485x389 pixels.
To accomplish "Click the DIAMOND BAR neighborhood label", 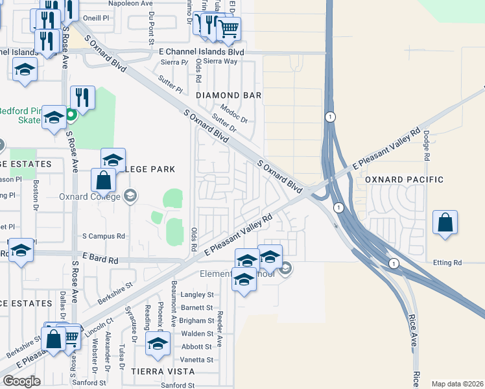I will coord(228,95).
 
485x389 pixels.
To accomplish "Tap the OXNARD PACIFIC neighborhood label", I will coord(404,180).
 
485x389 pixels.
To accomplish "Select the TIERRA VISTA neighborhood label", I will coord(163,371).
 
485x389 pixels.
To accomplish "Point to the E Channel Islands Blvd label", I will coord(202,51).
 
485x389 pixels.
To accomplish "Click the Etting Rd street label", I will coord(448,263).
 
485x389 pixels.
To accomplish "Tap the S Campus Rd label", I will coord(103,236).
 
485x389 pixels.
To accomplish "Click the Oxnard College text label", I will coord(89,197).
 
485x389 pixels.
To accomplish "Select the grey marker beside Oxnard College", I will coord(130,196).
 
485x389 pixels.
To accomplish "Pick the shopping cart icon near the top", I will coord(228,29).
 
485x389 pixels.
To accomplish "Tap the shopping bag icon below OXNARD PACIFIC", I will coord(445,222).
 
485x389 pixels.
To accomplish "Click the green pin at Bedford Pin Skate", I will coord(72,116).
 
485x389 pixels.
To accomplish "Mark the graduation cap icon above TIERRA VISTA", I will coord(157,344).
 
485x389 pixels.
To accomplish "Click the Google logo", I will coord(21,381).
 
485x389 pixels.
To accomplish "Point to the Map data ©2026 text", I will coord(456,384).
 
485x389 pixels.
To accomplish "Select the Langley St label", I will coord(197,294).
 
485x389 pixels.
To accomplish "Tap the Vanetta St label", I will coord(196,359).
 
